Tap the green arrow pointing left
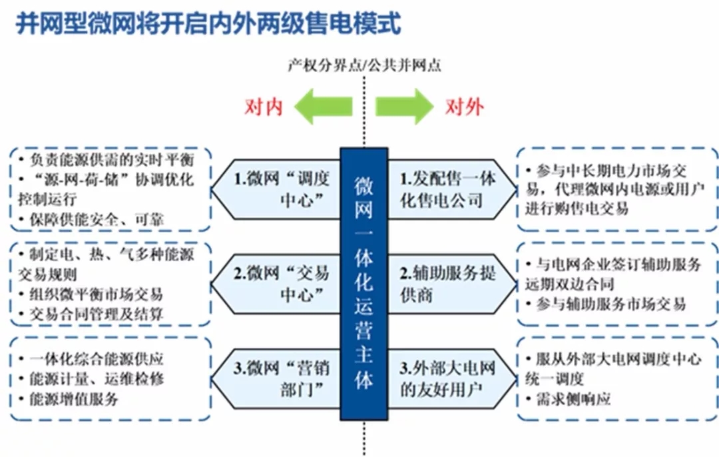tap(324, 107)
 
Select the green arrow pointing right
tap(403, 107)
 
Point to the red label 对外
tap(465, 107)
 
